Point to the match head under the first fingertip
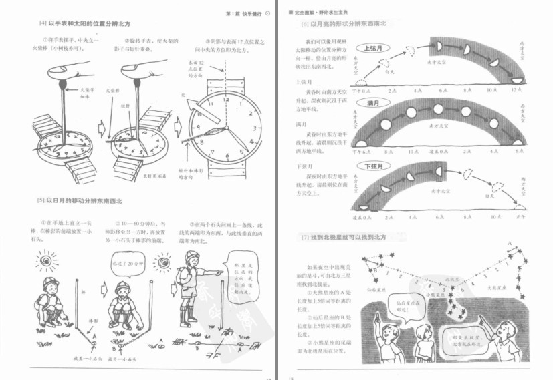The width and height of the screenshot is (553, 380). coord(63,85)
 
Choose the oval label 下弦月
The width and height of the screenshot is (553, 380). coord(369,166)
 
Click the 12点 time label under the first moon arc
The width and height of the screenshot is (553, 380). coord(516,89)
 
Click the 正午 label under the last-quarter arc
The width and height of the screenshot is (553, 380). coord(516,217)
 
